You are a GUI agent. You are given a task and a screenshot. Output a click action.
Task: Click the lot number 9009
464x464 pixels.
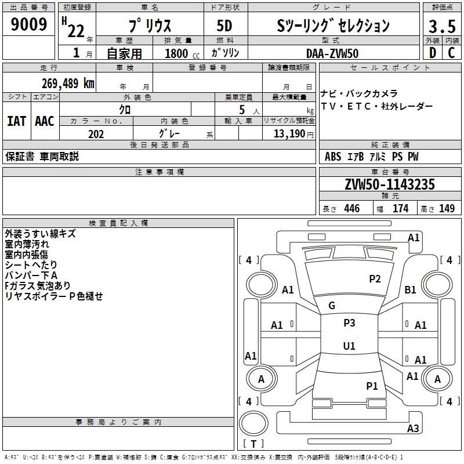[28, 24]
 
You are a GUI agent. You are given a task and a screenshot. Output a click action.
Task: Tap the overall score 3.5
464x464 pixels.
[442, 26]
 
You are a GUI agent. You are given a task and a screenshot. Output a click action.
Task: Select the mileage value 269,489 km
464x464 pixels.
[68, 84]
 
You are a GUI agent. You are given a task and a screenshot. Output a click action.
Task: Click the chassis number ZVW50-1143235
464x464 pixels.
[390, 184]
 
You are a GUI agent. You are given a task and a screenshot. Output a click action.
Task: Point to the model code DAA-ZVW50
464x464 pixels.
[332, 53]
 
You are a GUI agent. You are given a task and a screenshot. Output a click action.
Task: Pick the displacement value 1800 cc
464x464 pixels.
[182, 53]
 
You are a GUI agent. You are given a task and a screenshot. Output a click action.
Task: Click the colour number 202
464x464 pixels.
[96, 134]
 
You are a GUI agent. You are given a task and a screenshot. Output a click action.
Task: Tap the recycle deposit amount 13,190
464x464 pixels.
[289, 134]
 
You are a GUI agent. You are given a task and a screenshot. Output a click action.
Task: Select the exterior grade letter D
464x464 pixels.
[433, 53]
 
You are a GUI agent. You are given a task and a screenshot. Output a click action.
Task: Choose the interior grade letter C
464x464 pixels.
[451, 53]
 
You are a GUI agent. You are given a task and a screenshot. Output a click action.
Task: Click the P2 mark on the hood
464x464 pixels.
[375, 279]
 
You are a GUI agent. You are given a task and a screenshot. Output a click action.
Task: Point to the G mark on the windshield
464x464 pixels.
[332, 306]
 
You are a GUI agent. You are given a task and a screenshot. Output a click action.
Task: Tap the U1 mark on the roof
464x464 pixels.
[349, 346]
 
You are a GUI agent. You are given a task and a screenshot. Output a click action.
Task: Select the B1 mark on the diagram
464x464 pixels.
[410, 290]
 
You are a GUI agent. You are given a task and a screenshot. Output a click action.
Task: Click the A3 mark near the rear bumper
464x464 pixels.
[413, 428]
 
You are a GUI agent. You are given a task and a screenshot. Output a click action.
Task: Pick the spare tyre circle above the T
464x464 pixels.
[253, 423]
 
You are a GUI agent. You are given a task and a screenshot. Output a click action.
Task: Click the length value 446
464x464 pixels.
[352, 208]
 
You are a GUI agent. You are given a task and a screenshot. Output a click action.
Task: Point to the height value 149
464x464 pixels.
[447, 208]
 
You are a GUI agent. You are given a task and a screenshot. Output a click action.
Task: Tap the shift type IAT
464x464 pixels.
[17, 121]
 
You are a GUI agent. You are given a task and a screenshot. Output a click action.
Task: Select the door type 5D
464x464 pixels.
[224, 26]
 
